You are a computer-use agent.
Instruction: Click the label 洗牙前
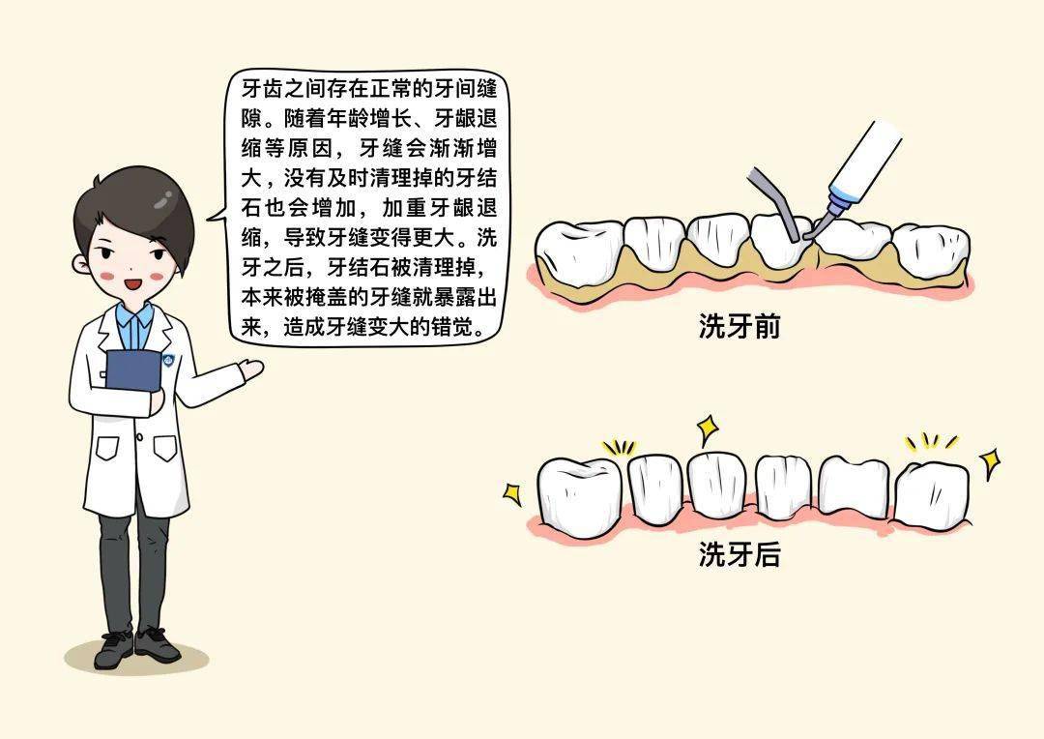(x=739, y=326)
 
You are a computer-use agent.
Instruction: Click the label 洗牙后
(x=739, y=553)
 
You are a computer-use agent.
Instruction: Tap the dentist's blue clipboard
(x=133, y=370)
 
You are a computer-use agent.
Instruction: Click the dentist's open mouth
(x=133, y=283)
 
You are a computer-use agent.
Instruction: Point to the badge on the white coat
(x=169, y=361)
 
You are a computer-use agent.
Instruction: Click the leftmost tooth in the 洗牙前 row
(x=579, y=253)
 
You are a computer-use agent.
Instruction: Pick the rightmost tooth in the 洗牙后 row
(x=932, y=494)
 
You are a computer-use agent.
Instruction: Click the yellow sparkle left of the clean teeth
(x=512, y=493)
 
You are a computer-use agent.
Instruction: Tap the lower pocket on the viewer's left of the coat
(x=107, y=449)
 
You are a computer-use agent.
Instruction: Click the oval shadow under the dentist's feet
(x=136, y=658)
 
